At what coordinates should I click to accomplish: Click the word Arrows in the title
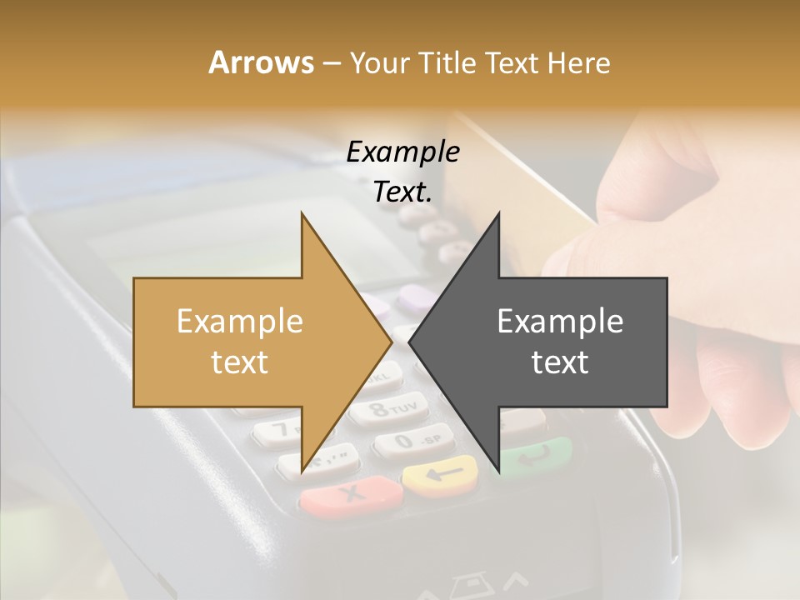261,62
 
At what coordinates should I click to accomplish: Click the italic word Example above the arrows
402,152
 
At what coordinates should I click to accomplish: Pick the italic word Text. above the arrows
402,192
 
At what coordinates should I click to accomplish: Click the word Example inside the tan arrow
239,322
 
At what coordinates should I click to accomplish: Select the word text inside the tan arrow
239,362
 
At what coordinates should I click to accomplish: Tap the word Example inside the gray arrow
560,322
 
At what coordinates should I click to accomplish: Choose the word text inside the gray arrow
560,362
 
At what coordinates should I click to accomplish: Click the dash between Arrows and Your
330,62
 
